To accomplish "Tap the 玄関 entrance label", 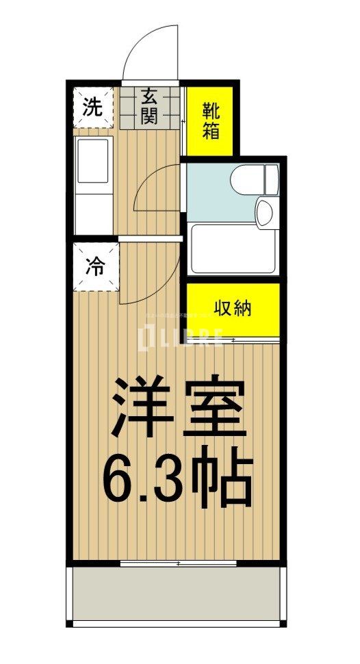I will (x=150, y=106).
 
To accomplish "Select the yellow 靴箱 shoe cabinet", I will (x=211, y=120).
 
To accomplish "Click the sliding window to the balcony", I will (x=179, y=563).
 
